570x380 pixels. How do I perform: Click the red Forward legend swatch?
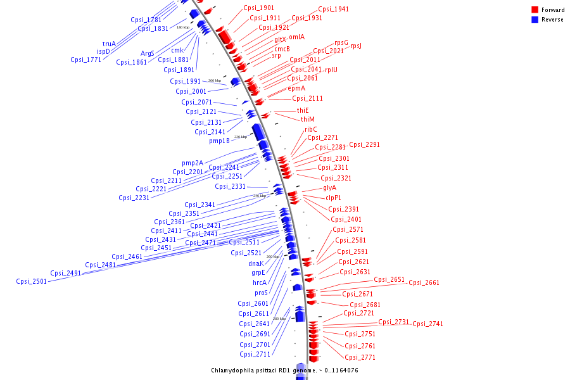(535, 10)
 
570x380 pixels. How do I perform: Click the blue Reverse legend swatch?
(535, 20)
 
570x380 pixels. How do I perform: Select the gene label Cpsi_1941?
(333, 9)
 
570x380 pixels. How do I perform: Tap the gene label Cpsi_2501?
(32, 282)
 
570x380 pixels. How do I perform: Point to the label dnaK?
(256, 263)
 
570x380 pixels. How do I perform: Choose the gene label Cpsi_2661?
(424, 283)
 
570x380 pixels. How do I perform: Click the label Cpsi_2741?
(428, 324)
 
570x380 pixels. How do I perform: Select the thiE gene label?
(303, 110)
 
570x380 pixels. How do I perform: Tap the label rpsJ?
(356, 46)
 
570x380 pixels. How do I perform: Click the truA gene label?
(109, 44)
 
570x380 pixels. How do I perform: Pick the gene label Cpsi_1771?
(86, 60)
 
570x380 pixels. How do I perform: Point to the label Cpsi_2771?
(360, 357)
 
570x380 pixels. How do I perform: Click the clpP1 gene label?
(333, 198)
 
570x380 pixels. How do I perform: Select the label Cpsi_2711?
(255, 354)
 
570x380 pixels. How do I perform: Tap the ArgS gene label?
(148, 53)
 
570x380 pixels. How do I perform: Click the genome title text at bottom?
(285, 370)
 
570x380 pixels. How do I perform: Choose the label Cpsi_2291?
(364, 144)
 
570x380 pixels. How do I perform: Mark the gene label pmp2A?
(193, 163)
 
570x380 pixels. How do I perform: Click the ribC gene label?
(310, 129)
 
